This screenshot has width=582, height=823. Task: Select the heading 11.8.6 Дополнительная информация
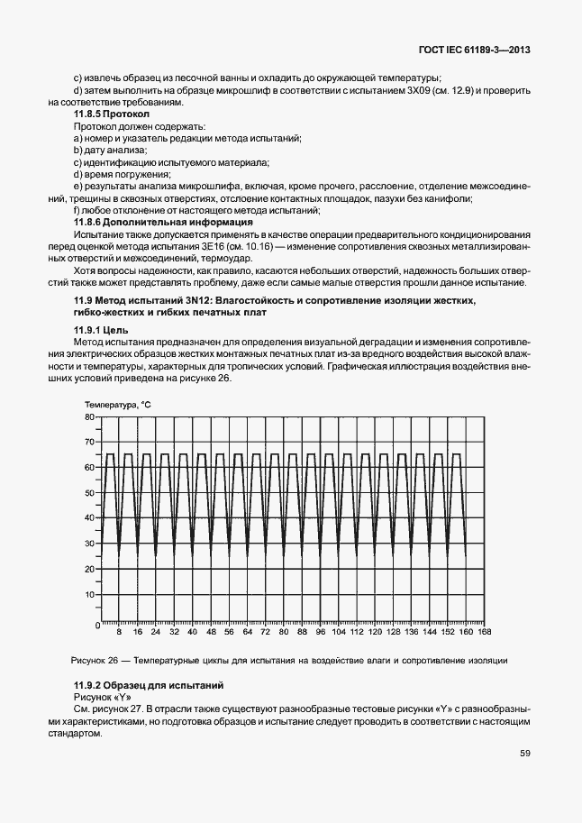click(x=162, y=222)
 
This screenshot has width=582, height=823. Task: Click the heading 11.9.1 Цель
click(x=101, y=331)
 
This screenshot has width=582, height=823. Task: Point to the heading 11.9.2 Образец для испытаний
click(x=148, y=686)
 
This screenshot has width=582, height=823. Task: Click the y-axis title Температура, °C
click(x=118, y=406)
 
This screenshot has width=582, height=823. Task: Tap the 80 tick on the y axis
click(x=89, y=417)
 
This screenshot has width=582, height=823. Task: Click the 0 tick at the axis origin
click(x=93, y=624)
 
